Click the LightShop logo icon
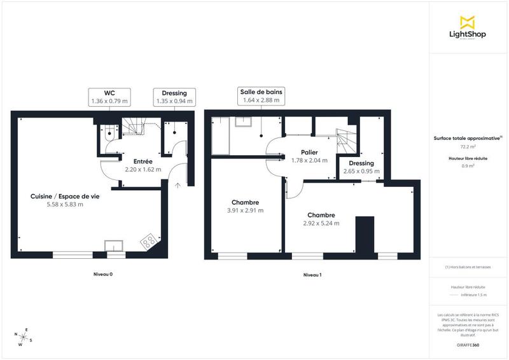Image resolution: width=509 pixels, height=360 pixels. coord(468,22)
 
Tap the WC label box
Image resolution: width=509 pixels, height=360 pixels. coord(109,97)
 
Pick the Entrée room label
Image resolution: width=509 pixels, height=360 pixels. coord(143,162)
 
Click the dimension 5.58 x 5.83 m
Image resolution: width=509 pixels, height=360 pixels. coord(65,204)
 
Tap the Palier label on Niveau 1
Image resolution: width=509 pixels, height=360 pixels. coord(309,153)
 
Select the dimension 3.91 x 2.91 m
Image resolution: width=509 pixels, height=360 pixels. coord(245,210)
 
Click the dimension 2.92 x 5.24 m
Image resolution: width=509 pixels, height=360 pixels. coord(321,223)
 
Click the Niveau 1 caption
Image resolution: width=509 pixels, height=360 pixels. coord(312,274)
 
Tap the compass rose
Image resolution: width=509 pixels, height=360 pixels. coord(22,338)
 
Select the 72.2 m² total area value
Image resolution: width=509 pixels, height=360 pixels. coord(468,146)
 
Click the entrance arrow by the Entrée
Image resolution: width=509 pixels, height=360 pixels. coord(178,185)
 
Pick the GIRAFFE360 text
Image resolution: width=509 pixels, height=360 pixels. coord(468,344)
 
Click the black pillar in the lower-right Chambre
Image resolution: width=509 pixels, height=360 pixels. coord(365,236)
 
